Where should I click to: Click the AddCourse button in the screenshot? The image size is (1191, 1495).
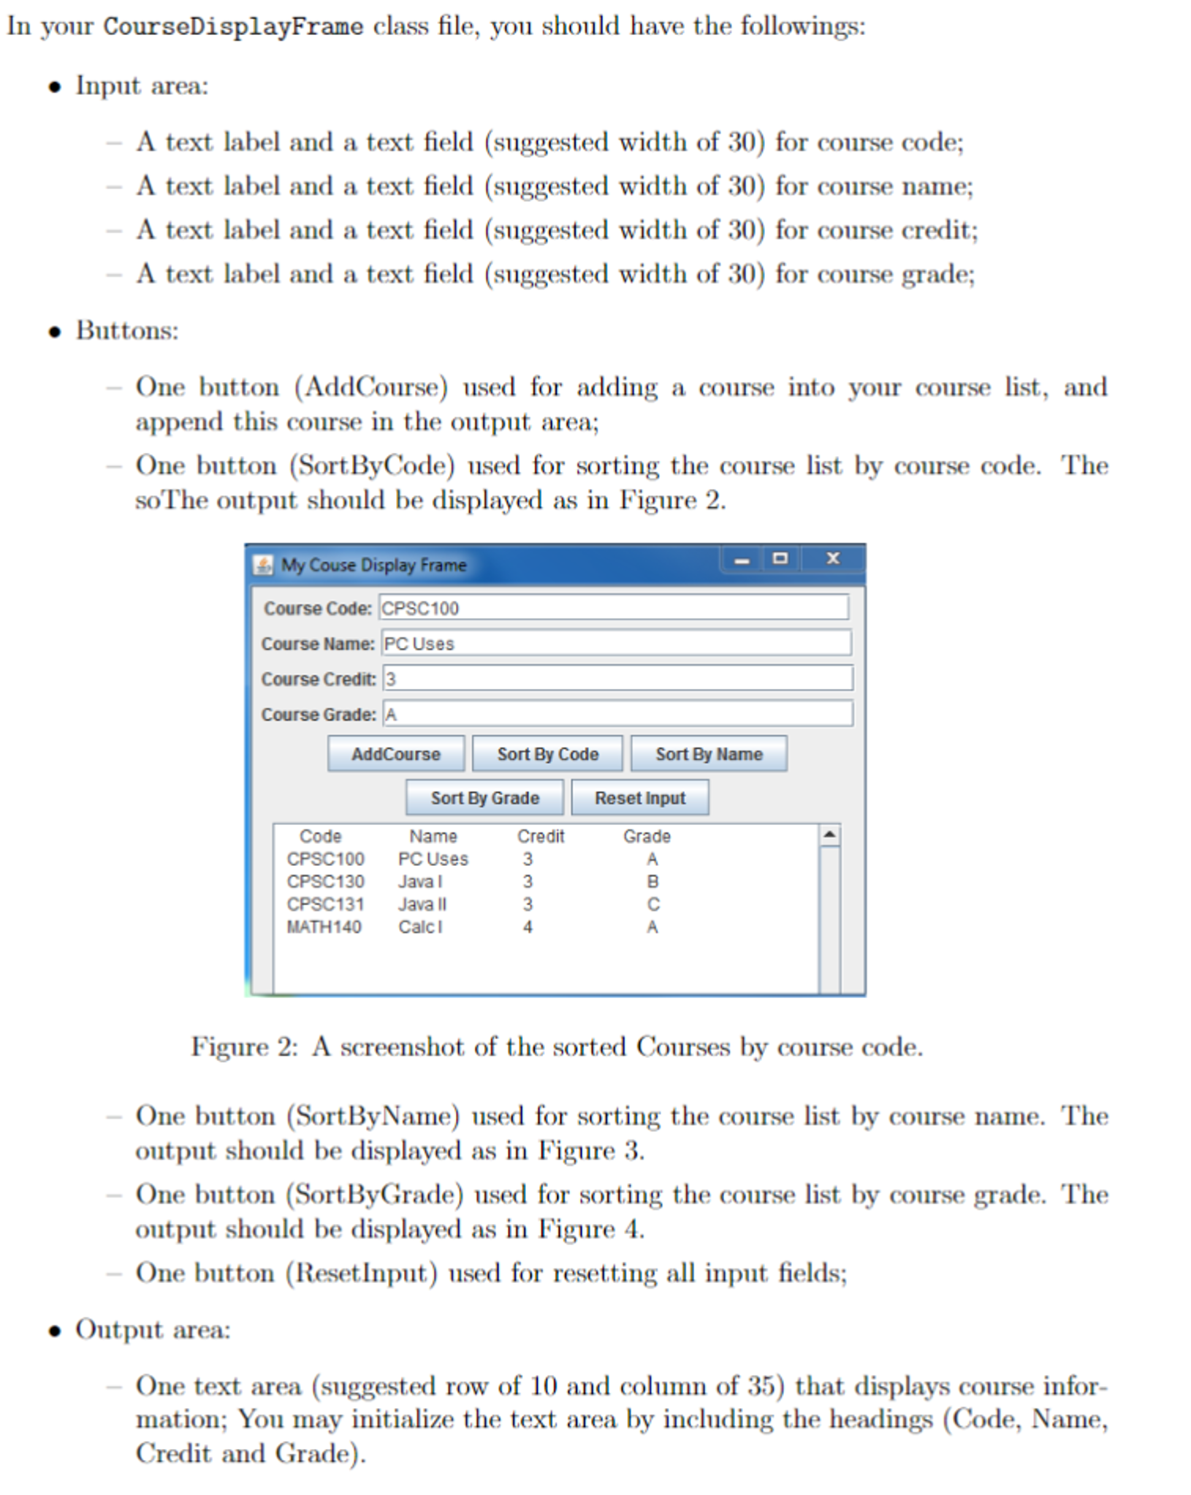tap(395, 753)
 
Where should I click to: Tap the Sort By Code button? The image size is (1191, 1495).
tap(547, 753)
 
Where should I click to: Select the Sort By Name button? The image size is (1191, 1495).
tap(709, 753)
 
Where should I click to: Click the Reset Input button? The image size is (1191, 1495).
tap(640, 797)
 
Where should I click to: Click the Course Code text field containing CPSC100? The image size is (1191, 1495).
tap(614, 607)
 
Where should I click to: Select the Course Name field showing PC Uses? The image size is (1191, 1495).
tap(616, 643)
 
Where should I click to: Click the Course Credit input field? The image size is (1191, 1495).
tap(617, 678)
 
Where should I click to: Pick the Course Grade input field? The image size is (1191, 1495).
tap(617, 713)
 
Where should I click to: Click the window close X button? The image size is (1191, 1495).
tap(832, 558)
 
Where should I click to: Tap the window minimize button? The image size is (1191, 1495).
tap(742, 560)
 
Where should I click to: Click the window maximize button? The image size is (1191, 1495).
tap(780, 558)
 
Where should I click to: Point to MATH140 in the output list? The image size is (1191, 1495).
tap(324, 927)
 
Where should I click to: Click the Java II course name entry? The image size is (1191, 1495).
tap(422, 904)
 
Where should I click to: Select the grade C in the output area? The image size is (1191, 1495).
tap(653, 904)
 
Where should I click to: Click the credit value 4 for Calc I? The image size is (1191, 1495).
tap(528, 927)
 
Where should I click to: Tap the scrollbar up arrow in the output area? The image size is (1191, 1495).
tap(829, 834)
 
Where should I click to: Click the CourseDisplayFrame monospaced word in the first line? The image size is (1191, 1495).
tap(233, 26)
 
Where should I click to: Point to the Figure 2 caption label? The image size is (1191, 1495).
tap(244, 1046)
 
